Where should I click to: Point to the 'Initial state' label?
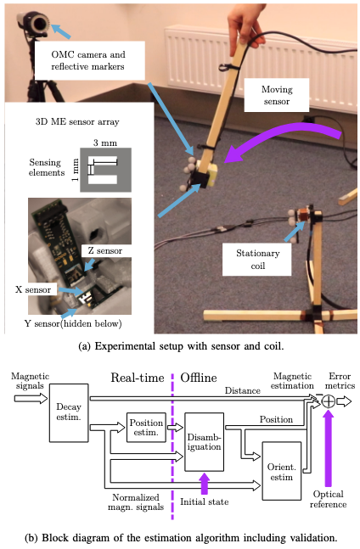pos(204,501)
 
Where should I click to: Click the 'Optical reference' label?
pos(327,498)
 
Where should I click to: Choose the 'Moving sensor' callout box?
pos(271,95)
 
